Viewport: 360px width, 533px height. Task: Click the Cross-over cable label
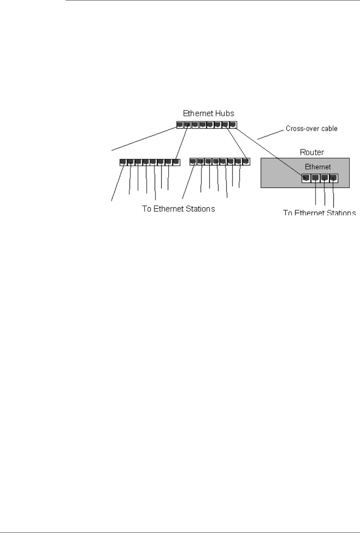coord(311,129)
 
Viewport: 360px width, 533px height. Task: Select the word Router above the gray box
coord(312,152)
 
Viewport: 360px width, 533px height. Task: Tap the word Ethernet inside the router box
coord(318,167)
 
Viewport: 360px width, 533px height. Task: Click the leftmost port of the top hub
coord(180,125)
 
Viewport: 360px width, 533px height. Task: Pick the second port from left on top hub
coord(187,125)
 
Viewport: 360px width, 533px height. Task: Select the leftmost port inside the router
coord(306,178)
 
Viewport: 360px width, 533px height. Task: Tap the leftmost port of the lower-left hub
coord(123,162)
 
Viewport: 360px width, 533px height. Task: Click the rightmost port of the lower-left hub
coord(176,162)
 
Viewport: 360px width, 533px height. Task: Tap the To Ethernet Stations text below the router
coord(319,213)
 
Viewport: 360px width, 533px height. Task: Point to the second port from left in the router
coord(315,178)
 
